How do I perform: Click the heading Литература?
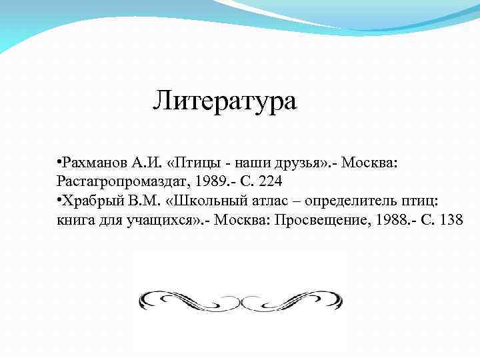pos(225,101)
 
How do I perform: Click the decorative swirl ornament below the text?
pos(240,300)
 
